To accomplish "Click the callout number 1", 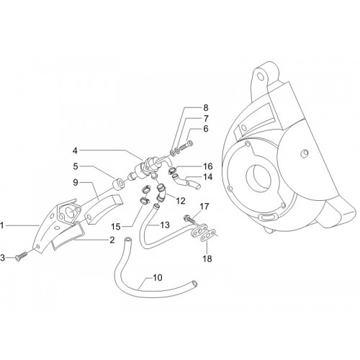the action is tap(2, 225).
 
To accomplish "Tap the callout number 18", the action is tap(207, 258).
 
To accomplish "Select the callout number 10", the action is tap(158, 277).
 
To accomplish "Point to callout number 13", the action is tap(165, 225).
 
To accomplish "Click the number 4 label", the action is tap(75, 150).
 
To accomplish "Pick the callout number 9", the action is tap(76, 182).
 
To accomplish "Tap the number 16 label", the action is tap(208, 166).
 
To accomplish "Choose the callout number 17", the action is tap(204, 206).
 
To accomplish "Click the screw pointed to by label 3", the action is tap(20, 256).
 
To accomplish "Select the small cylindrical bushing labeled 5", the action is tap(119, 185).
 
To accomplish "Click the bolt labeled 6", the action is tap(186, 145).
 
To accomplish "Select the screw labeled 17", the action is tap(189, 219).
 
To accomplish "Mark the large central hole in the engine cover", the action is tap(258, 179).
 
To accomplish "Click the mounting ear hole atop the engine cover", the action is tap(259, 76).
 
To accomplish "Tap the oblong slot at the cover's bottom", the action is tap(265, 217).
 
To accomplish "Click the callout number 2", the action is tap(112, 240).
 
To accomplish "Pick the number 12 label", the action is tap(180, 201).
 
